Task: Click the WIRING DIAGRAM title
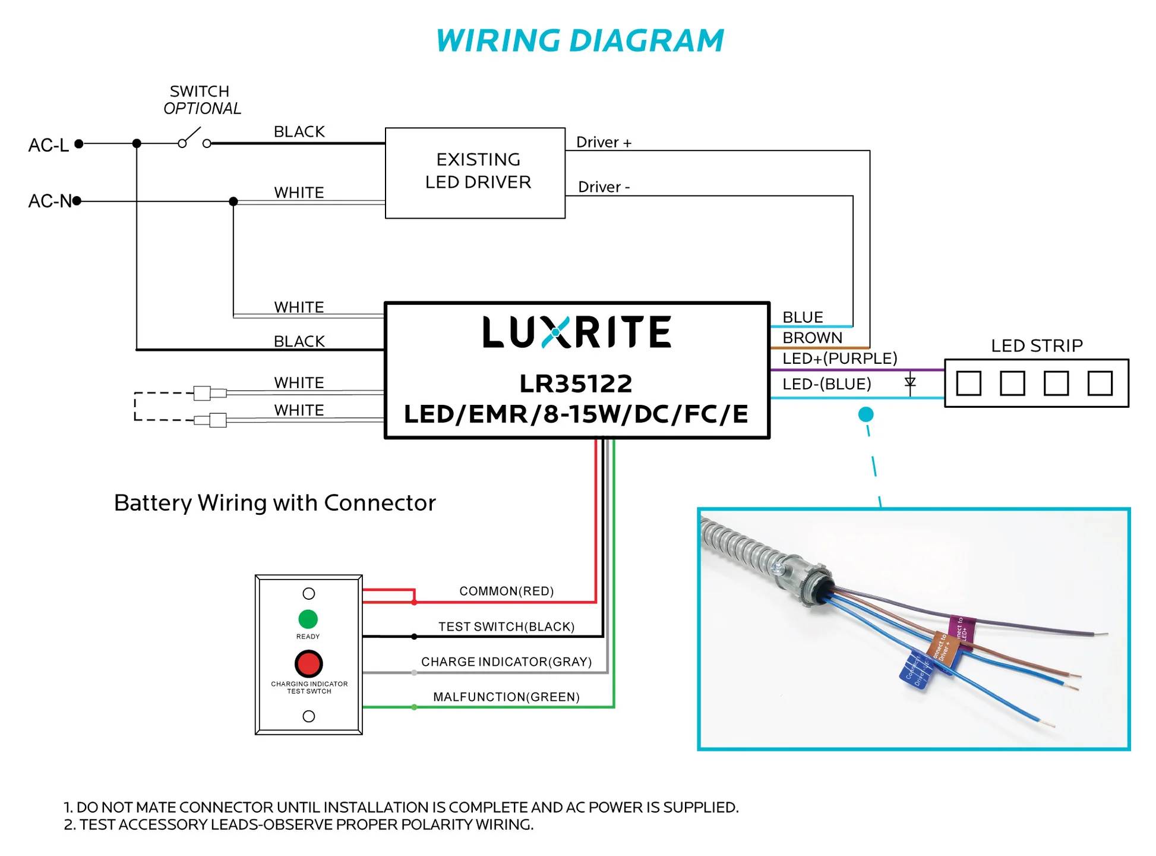point(580,41)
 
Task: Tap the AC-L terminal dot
point(79,144)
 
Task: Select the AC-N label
point(49,202)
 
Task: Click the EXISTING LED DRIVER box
point(475,173)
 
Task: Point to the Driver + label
point(604,143)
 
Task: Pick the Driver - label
point(604,187)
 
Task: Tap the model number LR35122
point(576,384)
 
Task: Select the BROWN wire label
point(812,338)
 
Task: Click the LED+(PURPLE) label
point(839,358)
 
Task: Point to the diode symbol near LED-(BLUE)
point(910,383)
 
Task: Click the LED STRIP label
point(1037,346)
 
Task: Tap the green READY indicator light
point(308,619)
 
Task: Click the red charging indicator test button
point(309,664)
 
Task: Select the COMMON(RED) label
point(506,591)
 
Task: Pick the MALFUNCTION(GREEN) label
point(506,697)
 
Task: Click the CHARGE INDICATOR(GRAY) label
point(506,662)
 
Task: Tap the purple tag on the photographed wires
point(961,630)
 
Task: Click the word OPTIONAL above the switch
point(202,109)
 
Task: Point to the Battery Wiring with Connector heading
point(274,503)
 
